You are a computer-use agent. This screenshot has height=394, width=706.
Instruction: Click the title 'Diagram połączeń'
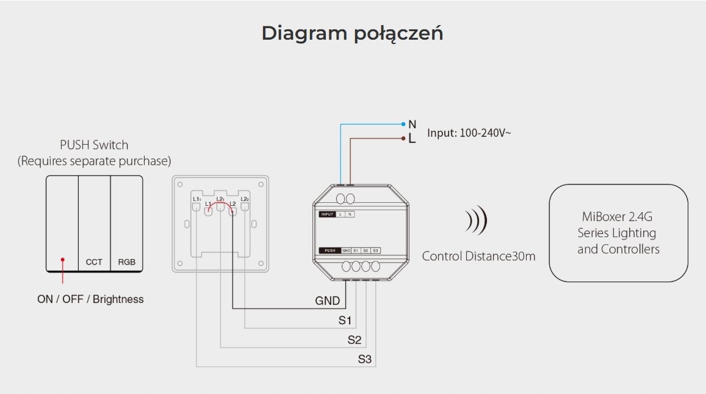point(352,33)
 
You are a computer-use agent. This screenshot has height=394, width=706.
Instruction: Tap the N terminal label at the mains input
point(412,124)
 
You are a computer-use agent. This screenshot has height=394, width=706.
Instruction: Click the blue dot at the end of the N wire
point(403,124)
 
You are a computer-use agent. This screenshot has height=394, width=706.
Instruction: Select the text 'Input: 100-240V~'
point(469,133)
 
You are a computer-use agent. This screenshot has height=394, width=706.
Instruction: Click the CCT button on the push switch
point(94,262)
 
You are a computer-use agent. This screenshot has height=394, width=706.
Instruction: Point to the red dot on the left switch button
point(62,260)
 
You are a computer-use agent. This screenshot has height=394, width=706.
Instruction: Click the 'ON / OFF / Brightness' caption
point(90,299)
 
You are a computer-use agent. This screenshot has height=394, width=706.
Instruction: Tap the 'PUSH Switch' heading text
point(94,145)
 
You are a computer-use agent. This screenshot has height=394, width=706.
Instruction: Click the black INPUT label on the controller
point(327,214)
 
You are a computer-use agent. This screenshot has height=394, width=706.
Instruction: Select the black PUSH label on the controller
point(330,250)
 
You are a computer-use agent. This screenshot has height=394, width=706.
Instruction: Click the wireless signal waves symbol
point(476,221)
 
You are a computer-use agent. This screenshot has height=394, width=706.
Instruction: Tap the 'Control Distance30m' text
point(478,256)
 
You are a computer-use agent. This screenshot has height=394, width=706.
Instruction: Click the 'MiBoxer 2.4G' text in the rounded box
point(618,217)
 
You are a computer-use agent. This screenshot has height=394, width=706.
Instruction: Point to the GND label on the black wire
point(327,301)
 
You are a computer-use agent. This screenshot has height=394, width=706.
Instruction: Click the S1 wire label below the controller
point(345,320)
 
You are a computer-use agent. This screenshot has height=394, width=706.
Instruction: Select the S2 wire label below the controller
point(355,340)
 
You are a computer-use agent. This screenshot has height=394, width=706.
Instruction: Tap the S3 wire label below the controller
point(364,359)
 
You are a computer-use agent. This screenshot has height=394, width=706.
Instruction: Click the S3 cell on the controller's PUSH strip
point(375,250)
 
